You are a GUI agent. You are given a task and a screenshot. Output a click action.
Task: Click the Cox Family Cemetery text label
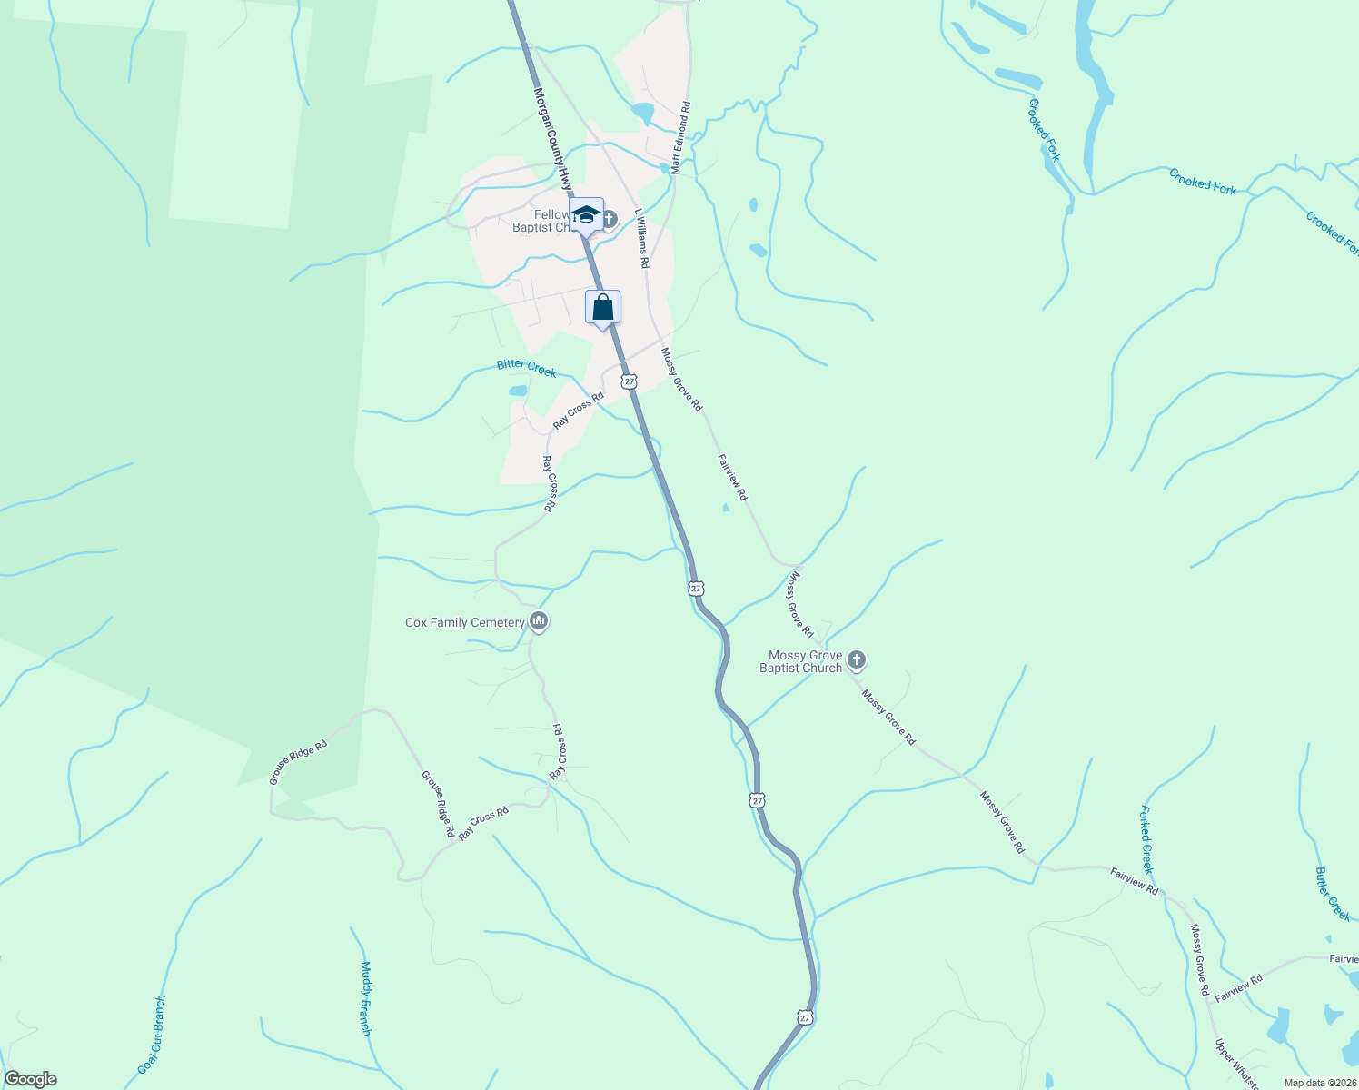pos(464,622)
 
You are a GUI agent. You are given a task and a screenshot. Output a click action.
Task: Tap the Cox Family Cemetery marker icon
pos(539,621)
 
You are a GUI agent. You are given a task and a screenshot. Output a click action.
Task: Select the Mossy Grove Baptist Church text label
pos(800,661)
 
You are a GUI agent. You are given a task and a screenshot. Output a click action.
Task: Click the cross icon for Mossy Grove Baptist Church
pos(856,659)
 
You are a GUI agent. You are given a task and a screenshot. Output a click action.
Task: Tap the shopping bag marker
pos(602,308)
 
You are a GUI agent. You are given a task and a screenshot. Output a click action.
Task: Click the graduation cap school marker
pos(586,215)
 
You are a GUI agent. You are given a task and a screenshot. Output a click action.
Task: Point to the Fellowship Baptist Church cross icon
pos(610,219)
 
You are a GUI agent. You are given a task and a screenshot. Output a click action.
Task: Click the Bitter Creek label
pos(526,368)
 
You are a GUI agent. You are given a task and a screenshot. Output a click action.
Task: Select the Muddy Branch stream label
pos(365,998)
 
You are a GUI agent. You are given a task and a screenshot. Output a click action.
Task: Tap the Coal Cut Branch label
pos(152,1035)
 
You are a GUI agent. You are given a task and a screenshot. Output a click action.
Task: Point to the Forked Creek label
pos(1146,839)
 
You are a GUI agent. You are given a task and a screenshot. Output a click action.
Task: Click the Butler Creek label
pos(1333,894)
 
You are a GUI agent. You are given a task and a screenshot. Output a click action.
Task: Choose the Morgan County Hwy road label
pos(553,136)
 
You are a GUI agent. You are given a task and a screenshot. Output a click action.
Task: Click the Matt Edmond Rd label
pos(680,138)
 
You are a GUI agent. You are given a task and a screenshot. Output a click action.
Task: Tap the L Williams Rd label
pos(642,239)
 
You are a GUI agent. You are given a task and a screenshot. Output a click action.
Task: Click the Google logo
pos(30,1079)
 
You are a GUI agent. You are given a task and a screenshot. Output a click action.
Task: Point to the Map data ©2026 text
pos(1318,1083)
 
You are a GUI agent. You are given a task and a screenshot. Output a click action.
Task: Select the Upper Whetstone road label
pos(1237,1065)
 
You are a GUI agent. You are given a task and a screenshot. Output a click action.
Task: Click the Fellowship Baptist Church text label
pos(541,221)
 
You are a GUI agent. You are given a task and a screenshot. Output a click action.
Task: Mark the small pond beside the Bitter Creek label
pos(517,391)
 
